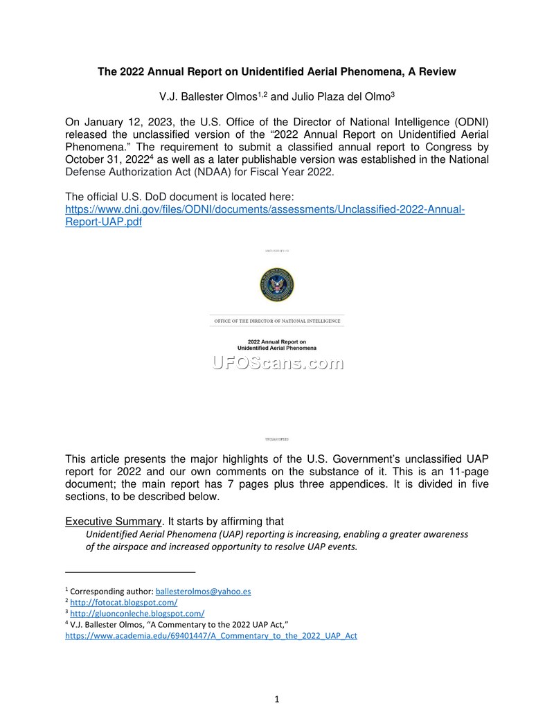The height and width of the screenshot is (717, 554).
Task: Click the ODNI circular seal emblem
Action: (x=277, y=285)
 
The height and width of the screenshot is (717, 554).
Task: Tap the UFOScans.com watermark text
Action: (x=277, y=363)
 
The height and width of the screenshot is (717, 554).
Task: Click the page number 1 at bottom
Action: (x=277, y=700)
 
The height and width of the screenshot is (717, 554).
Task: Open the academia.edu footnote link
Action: (x=211, y=635)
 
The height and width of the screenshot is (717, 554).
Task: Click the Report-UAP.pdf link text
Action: (x=103, y=222)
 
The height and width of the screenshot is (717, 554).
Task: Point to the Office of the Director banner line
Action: (x=277, y=321)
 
